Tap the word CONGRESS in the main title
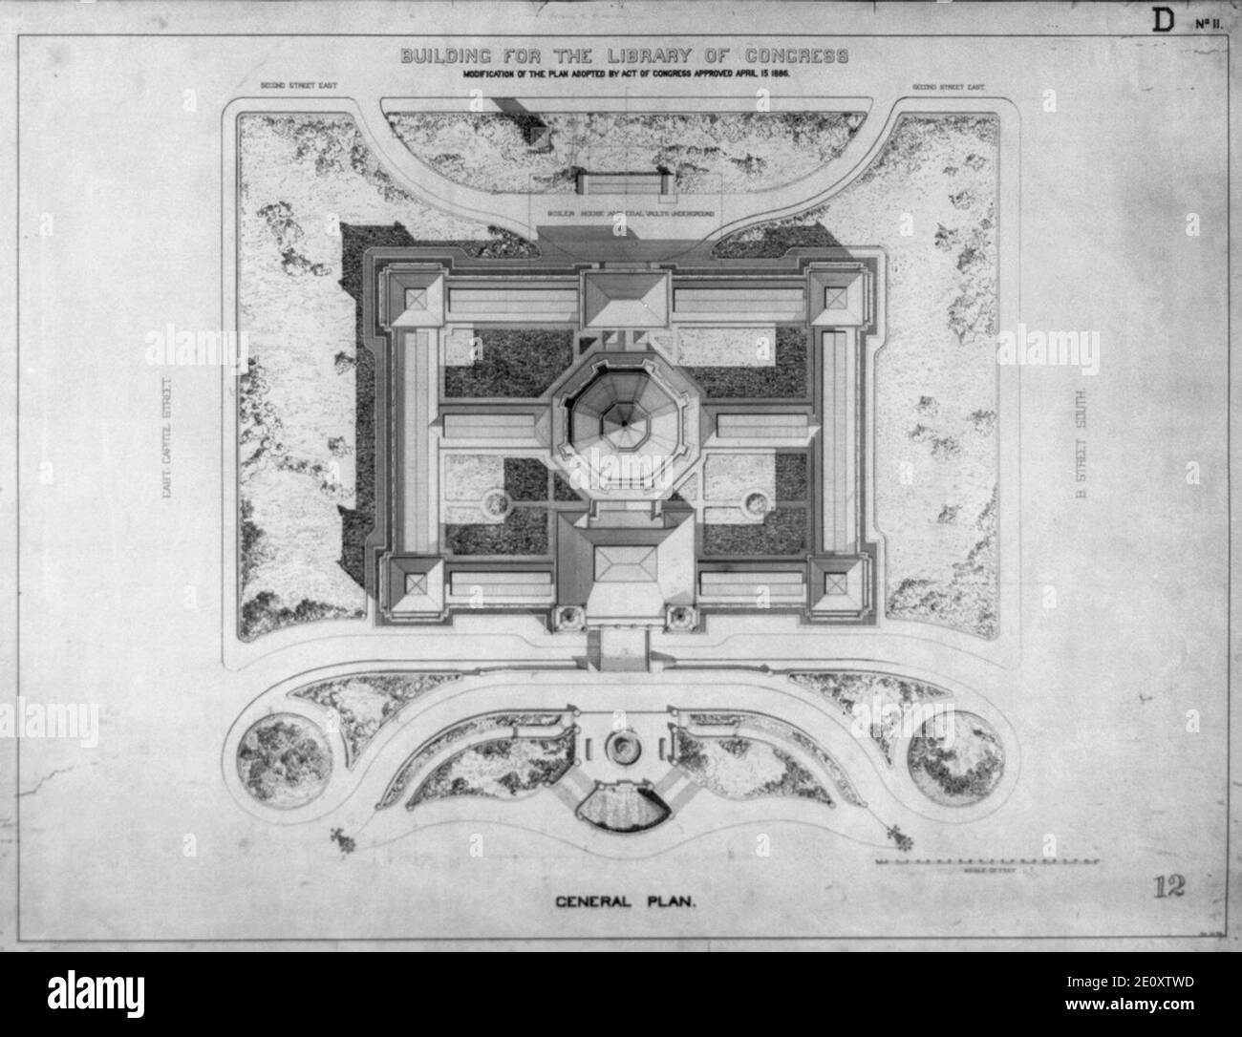coord(788,56)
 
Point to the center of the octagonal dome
coord(620,420)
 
